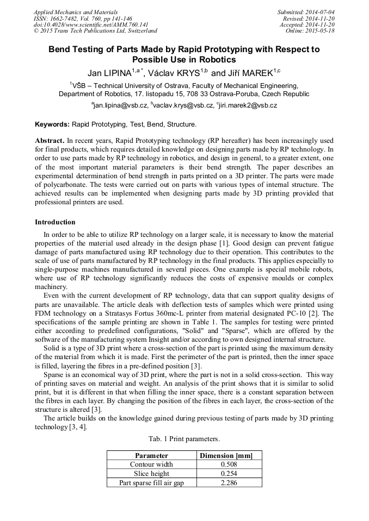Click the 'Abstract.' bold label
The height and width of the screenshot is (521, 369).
click(50, 140)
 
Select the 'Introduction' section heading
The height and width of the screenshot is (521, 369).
click(55, 222)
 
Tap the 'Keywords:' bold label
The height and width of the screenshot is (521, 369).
click(52, 124)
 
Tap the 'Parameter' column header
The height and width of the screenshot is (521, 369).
click(151, 455)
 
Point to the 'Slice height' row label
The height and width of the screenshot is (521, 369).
click(151, 474)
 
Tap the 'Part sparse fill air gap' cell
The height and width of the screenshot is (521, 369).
click(151, 483)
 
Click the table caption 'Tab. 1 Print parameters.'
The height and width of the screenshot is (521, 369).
click(184, 438)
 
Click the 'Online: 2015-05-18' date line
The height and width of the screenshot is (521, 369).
click(310, 31)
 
